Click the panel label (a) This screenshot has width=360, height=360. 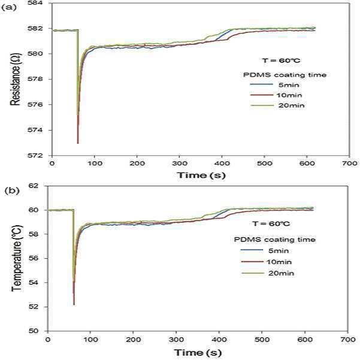(x=9, y=8)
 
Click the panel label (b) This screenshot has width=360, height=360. (x=12, y=190)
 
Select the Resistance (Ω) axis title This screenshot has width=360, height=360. (x=16, y=80)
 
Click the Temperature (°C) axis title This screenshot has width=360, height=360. (x=17, y=259)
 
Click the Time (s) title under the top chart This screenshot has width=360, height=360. (x=201, y=176)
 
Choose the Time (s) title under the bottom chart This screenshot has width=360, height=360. (x=198, y=352)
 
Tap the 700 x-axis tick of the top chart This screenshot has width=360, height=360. (x=349, y=164)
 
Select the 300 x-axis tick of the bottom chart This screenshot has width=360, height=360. (x=176, y=340)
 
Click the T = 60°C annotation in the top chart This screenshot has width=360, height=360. (x=281, y=60)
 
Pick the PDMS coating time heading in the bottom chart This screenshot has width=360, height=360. (x=275, y=240)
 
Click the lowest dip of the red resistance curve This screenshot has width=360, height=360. (x=78, y=143)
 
